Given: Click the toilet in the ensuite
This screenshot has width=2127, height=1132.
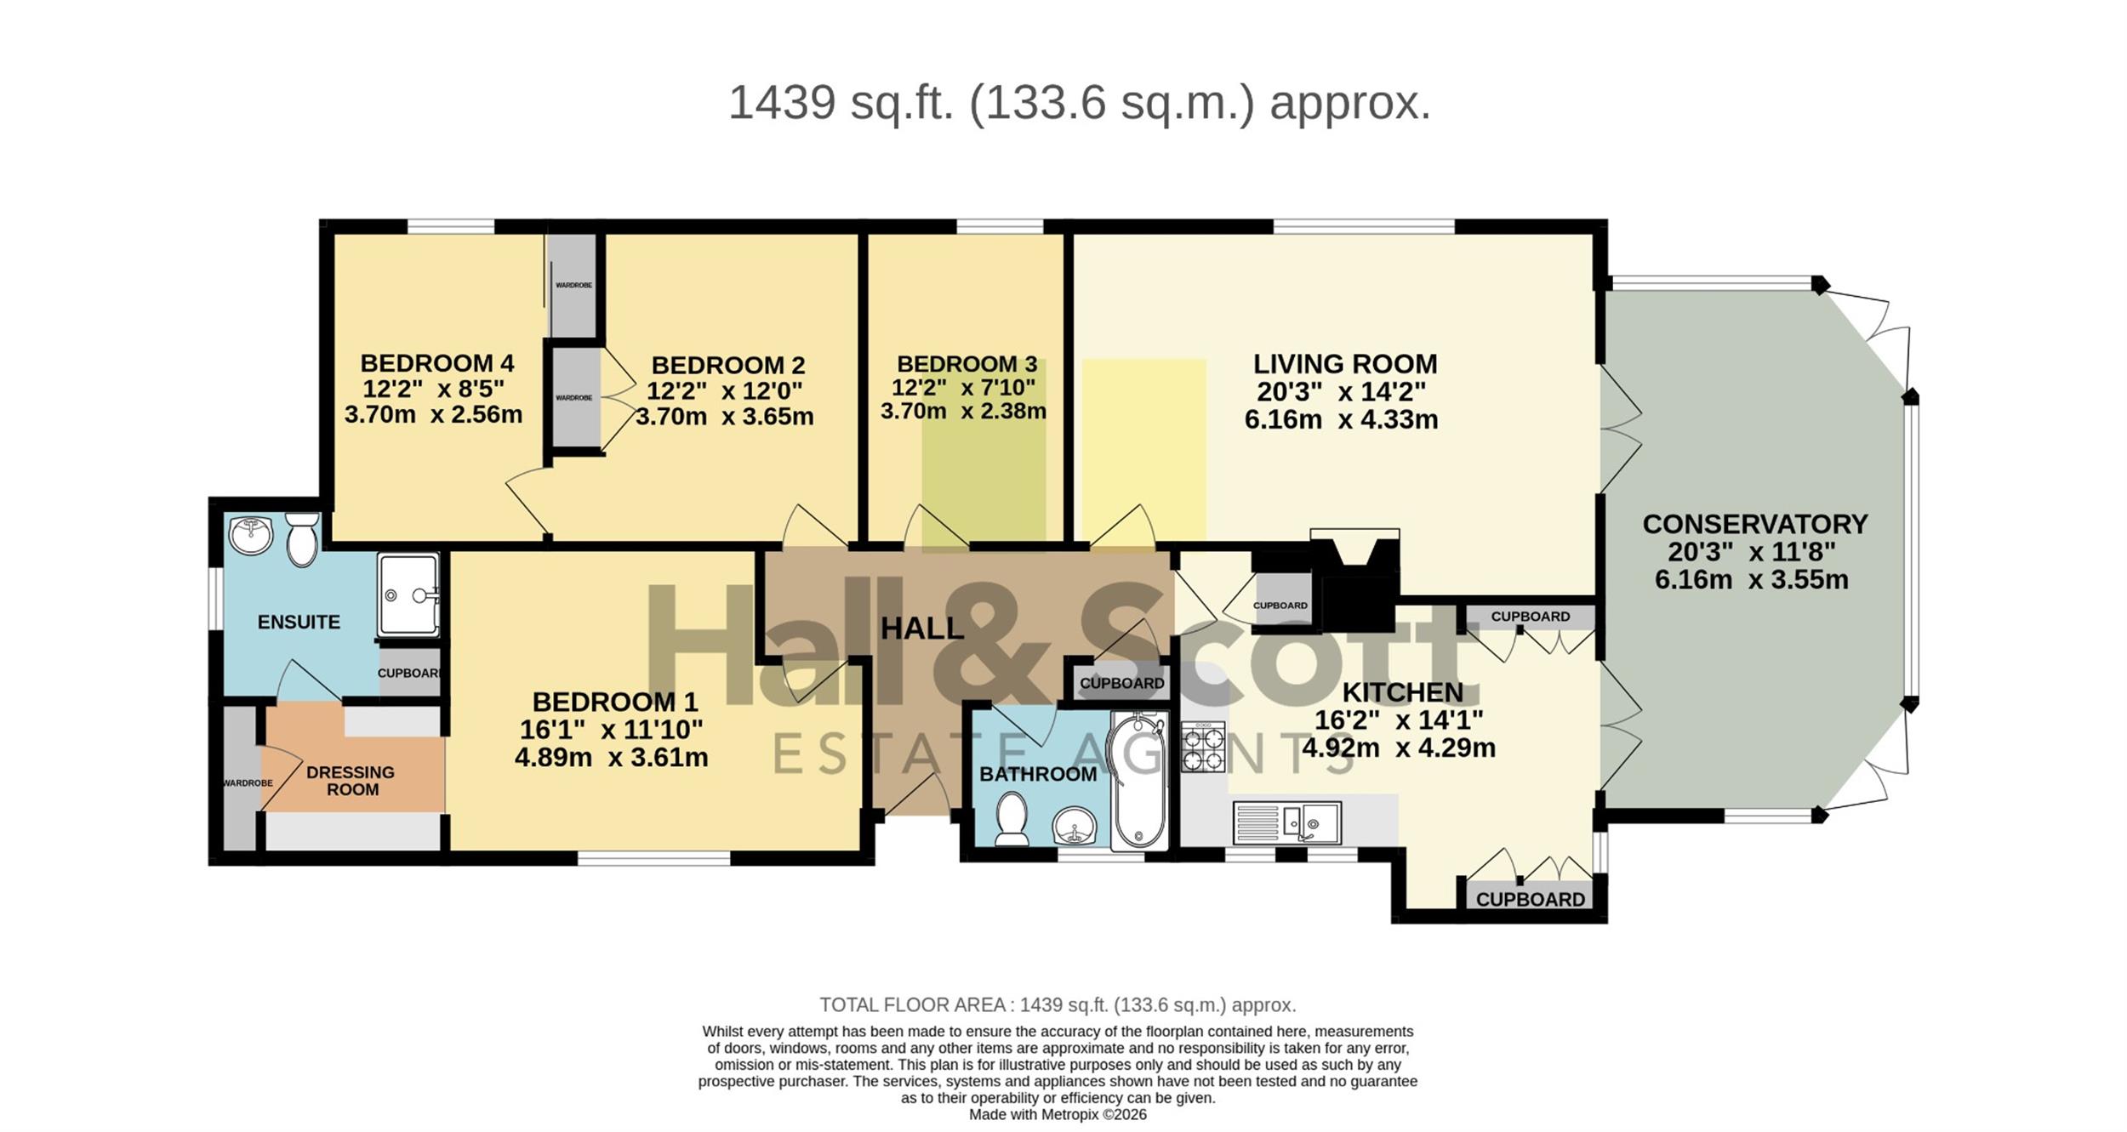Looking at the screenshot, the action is [x=302, y=538].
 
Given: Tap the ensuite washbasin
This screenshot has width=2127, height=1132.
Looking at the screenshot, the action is [x=251, y=534].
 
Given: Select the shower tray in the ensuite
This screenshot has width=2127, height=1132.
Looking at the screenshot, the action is [x=408, y=594].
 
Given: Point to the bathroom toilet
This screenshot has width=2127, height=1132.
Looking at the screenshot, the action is [x=1012, y=819].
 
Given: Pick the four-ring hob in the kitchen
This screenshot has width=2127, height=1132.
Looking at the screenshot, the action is [x=1203, y=746].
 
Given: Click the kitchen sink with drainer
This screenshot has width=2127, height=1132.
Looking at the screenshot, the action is [x=1286, y=822].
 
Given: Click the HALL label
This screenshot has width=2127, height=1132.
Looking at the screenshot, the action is [x=922, y=629].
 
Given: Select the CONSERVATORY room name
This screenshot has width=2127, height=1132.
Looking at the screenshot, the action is [x=1754, y=524].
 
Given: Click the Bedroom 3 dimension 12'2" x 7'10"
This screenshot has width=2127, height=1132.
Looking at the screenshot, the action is [x=963, y=388].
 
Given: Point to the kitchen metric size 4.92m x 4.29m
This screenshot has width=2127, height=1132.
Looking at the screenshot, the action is [x=1399, y=748].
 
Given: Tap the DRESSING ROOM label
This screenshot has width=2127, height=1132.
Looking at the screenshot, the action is [x=351, y=781].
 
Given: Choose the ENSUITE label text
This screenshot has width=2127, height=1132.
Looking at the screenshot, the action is [x=299, y=622].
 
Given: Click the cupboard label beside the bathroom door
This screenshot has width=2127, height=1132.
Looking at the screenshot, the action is [x=1122, y=683].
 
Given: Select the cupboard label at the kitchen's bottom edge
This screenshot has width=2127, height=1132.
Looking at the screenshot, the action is [x=1531, y=899].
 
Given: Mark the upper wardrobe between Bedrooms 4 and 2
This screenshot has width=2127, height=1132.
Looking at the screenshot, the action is [x=573, y=285].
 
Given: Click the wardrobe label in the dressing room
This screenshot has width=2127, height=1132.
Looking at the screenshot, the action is [x=248, y=782].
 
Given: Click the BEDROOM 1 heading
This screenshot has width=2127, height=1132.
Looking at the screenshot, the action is [x=614, y=702].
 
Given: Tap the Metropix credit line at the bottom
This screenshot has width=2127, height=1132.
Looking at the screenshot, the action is [x=1058, y=1114].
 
